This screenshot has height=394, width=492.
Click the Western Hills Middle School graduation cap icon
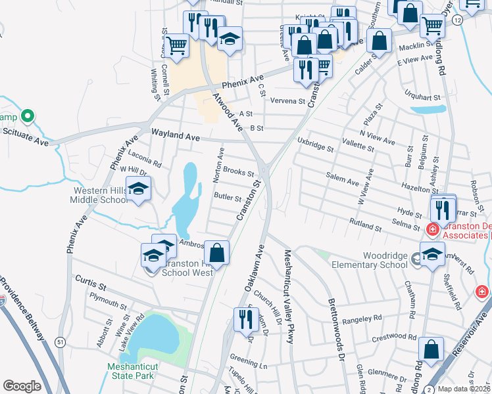(138, 190)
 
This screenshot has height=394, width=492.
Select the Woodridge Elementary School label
(376, 260)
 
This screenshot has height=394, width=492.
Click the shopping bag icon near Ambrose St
(216, 252)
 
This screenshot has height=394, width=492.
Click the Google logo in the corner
(22, 386)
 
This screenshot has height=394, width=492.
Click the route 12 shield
(456, 21)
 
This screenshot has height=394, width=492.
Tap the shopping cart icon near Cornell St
(176, 46)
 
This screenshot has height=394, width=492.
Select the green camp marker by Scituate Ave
(27, 117)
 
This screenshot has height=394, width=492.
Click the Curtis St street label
(90, 285)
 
